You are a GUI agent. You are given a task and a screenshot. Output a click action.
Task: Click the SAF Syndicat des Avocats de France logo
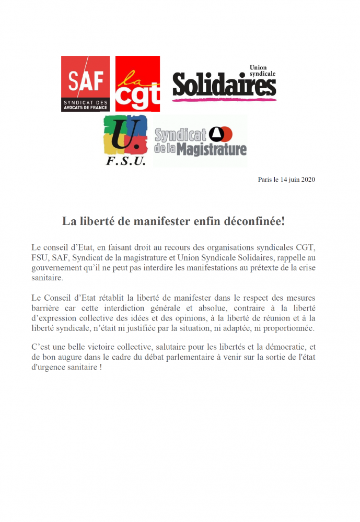tap(85, 84)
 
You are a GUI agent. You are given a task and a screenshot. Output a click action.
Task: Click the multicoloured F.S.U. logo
tap(125, 140)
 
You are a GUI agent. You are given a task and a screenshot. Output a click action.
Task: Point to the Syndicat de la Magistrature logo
tap(201, 141)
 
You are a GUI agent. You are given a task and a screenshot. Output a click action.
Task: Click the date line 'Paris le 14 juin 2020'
tap(286, 180)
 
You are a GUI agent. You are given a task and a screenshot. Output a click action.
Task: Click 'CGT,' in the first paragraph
tap(306, 247)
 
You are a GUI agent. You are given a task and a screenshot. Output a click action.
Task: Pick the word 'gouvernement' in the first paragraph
tap(56, 268)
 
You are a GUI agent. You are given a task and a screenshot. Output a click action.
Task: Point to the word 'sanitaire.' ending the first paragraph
tap(48, 279)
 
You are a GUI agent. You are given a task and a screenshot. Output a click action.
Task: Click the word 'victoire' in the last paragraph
tap(112, 348)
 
